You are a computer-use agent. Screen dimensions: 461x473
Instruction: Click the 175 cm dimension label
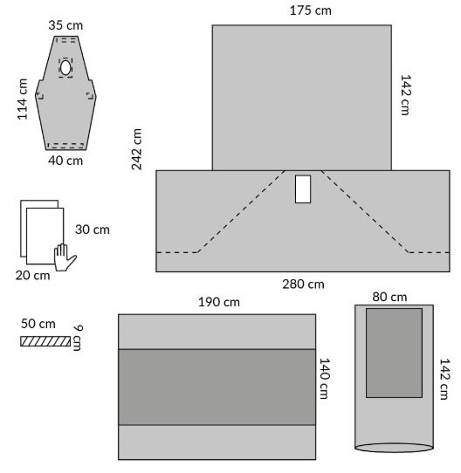pos(310,10)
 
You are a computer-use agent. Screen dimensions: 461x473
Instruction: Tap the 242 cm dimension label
pos(137,149)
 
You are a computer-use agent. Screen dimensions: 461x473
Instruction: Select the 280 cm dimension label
pos(303,284)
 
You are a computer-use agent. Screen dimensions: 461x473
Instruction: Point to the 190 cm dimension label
pos(219,302)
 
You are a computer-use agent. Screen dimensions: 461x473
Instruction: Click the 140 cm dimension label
pos(325,379)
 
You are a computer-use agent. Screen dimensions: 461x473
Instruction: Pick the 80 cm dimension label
pos(389,297)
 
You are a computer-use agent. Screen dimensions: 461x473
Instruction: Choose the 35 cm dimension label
pos(65,25)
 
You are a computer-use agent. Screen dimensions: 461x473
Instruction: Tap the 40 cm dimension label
pos(65,161)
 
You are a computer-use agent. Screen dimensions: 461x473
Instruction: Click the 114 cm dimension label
pos(23,99)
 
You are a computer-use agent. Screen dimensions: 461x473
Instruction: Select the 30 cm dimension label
pos(92,230)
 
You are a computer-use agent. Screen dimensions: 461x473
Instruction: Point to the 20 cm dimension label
pos(32,276)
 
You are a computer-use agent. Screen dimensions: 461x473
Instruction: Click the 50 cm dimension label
pos(38,324)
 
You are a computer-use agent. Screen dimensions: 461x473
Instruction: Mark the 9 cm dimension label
pos(78,338)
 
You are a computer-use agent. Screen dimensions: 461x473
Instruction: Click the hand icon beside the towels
pos(65,257)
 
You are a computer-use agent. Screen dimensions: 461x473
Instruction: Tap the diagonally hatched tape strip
pos(45,341)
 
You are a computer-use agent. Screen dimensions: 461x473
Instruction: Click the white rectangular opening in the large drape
pos(303,189)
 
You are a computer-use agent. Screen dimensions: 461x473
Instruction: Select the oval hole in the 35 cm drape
pos(65,68)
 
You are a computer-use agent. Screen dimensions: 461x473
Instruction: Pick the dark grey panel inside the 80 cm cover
pos(394,353)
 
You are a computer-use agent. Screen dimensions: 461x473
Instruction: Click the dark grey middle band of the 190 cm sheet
pos(217,387)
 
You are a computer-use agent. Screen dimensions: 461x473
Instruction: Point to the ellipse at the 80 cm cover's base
pos(394,448)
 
